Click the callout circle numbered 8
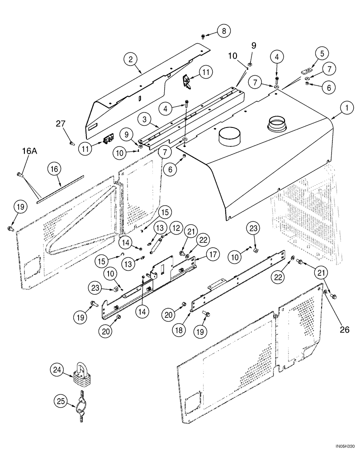(x=223, y=31)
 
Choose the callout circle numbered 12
(x=175, y=229)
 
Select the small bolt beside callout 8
(x=204, y=34)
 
